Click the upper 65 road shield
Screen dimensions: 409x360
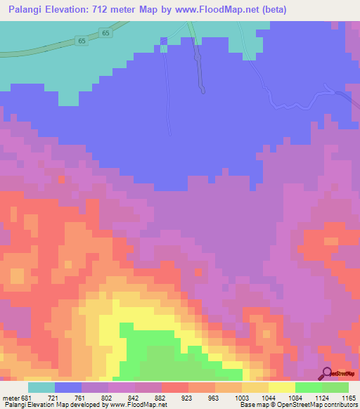[x=105, y=33]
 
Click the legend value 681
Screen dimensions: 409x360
[x=26, y=398]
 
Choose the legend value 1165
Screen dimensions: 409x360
[x=349, y=398]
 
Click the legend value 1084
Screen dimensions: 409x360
[x=296, y=398]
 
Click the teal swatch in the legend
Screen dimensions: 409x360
[x=41, y=387]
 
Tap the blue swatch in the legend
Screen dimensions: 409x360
[x=68, y=387]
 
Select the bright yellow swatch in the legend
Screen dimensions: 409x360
[x=282, y=387]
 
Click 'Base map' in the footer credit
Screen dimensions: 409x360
[x=252, y=405]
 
